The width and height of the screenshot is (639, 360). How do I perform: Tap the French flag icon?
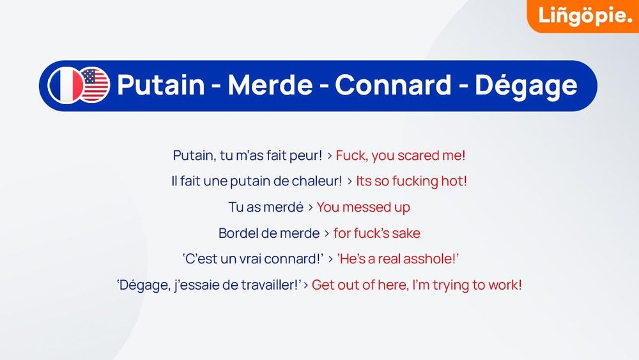point(65,85)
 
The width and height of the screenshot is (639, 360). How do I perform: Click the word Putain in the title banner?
point(161,85)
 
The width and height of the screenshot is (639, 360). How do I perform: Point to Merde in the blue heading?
point(270,85)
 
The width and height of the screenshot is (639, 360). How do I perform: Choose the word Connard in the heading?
point(393,85)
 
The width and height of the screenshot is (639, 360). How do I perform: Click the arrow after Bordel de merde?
point(327,233)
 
